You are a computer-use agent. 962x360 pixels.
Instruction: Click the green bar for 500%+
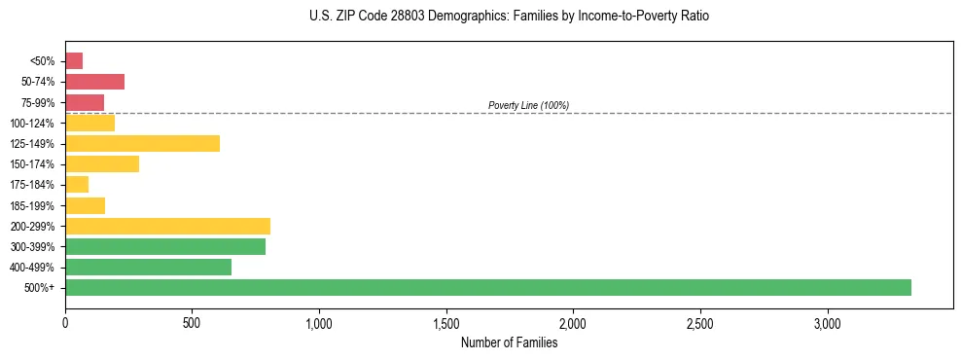pos(487,287)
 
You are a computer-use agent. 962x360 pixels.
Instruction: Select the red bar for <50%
pos(74,61)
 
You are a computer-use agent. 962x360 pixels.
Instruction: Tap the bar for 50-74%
pos(94,82)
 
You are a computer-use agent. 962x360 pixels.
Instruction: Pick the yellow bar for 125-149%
pos(142,143)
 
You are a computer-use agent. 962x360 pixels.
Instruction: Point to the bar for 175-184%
pos(77,184)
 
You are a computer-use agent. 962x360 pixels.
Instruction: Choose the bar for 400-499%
pos(148,267)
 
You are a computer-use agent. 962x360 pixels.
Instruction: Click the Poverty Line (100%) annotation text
pos(528,105)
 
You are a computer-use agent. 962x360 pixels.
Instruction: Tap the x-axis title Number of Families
pos(509,342)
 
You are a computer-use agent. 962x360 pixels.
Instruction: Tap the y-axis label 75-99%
pos(38,102)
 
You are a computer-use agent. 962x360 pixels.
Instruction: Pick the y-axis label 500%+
pos(42,288)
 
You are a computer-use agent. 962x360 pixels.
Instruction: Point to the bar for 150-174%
pos(102,163)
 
